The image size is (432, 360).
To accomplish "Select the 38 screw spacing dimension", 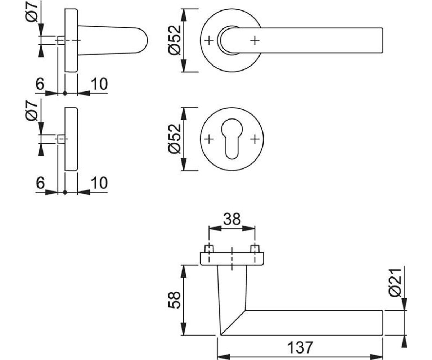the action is [x=232, y=219].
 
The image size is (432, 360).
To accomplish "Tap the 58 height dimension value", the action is [x=174, y=300].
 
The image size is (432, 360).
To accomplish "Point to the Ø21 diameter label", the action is [x=395, y=283].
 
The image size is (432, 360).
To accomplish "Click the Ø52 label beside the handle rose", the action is [x=175, y=40].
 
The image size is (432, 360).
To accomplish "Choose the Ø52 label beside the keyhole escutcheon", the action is [x=175, y=139].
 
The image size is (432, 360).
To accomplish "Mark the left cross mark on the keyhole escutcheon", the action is [x=209, y=139].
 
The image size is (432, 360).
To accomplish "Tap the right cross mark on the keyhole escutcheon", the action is [x=255, y=139].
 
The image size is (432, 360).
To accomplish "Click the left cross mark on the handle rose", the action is [x=209, y=40].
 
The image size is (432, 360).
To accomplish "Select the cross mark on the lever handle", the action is [x=255, y=40].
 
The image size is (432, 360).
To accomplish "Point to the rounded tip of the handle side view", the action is [x=148, y=40].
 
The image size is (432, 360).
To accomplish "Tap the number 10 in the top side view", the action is [x=99, y=84].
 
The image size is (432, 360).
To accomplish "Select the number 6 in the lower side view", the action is [x=40, y=183].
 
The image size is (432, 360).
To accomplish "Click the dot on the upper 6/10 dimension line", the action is [x=65, y=94].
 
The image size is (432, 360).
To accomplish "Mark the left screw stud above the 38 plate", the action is [x=209, y=249].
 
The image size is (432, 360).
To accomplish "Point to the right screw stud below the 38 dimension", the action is [x=255, y=249].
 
